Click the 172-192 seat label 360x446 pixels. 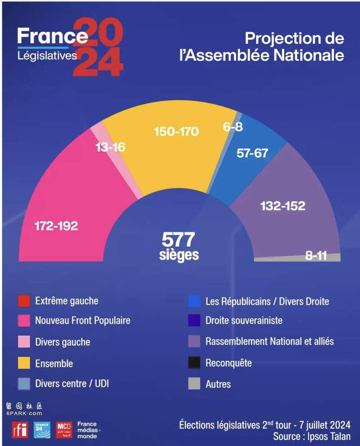click(56, 226)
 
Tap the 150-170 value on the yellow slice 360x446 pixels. click(176, 132)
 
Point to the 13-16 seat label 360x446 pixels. click(110, 147)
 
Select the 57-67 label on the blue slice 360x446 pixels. click(252, 153)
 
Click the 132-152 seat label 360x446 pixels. click(283, 206)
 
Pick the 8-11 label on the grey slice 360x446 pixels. click(316, 255)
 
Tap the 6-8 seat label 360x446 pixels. click(233, 127)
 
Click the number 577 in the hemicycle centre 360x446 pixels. click(179, 239)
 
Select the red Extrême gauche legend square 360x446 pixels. click(24, 301)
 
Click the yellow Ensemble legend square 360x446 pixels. click(24, 363)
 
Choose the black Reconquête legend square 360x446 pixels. click(194, 363)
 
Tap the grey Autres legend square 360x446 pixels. click(194, 384)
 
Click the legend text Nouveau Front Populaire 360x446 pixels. click(83, 321)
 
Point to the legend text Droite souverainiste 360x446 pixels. click(244, 321)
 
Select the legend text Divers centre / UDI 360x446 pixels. click(72, 384)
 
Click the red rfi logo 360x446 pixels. click(20, 430)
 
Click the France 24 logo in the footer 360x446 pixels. click(42, 430)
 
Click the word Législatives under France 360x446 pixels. click(47, 56)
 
